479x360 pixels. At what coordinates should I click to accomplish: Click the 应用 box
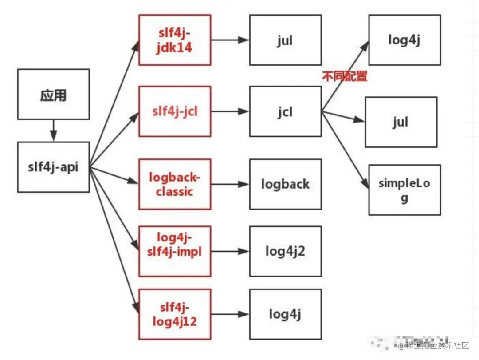tap(53, 95)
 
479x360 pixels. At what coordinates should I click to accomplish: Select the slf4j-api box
tap(53, 167)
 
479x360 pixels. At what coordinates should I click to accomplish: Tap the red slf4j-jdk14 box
tap(174, 40)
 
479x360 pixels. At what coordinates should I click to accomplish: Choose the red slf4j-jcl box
tap(174, 111)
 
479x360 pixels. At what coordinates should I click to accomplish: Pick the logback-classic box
tap(174, 184)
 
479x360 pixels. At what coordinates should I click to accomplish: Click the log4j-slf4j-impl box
tap(174, 251)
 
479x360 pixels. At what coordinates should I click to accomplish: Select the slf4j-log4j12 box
tap(174, 314)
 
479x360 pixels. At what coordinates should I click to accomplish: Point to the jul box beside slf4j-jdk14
tap(285, 40)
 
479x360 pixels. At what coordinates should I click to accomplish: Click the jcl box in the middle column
tap(285, 111)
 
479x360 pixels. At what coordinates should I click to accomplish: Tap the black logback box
tap(285, 184)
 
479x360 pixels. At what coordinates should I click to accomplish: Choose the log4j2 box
tap(285, 251)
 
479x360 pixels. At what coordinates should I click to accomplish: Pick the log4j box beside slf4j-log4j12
tap(285, 314)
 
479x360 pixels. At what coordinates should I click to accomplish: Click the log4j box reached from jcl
tap(404, 40)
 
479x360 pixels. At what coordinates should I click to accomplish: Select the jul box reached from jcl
tap(400, 122)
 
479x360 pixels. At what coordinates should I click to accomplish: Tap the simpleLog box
tap(404, 190)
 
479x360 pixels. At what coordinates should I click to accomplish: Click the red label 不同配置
tap(345, 76)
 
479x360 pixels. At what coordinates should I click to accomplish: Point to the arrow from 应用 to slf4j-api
tap(53, 131)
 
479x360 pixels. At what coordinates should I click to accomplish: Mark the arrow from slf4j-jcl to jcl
tap(230, 111)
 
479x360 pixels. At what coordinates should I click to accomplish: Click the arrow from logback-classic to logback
tap(230, 184)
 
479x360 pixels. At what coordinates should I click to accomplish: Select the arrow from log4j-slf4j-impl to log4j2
tap(230, 251)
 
